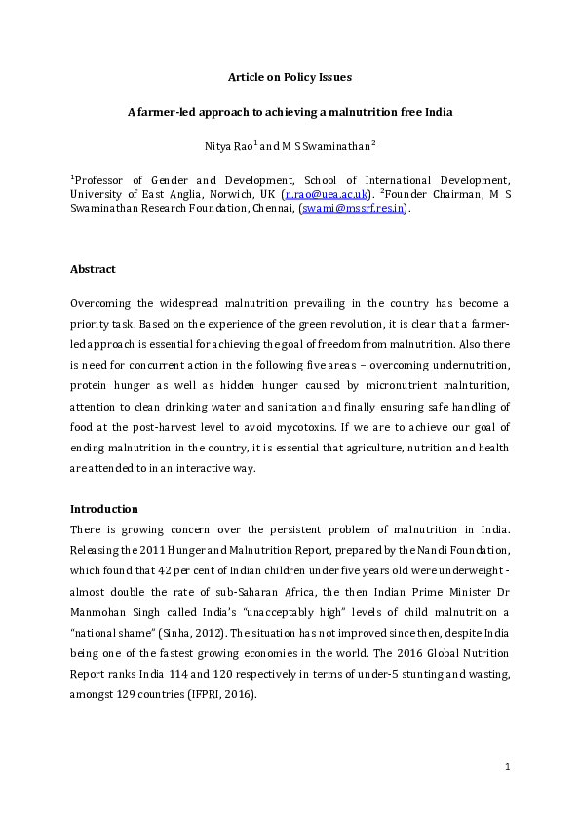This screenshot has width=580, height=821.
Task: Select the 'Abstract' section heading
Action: [94, 268]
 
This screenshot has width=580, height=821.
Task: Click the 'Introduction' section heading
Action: [104, 509]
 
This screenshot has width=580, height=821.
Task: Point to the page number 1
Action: [508, 767]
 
